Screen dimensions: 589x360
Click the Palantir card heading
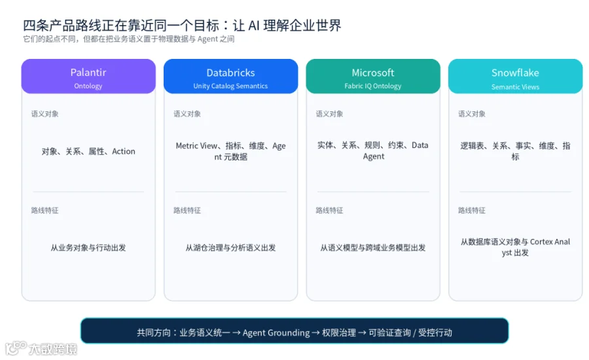[x=88, y=72]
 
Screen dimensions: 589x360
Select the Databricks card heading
[x=230, y=73]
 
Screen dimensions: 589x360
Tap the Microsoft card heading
[x=373, y=73]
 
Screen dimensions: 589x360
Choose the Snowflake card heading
[x=515, y=73]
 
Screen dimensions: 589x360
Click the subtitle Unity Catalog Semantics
[x=230, y=86]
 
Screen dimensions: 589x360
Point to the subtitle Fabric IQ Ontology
[x=373, y=86]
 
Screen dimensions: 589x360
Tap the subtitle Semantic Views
[x=515, y=87]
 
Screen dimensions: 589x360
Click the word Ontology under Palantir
[x=88, y=86]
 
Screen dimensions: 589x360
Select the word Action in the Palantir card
[x=124, y=151]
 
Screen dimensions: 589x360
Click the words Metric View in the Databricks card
[x=196, y=145]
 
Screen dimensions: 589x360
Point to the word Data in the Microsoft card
[x=420, y=145]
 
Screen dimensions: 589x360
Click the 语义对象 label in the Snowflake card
[x=472, y=114]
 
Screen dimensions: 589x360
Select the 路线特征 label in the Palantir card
[x=45, y=211]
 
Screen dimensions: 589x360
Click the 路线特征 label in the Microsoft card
[x=329, y=211]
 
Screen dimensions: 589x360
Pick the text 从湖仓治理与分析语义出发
[x=230, y=247]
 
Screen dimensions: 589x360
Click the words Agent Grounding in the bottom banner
[x=276, y=333]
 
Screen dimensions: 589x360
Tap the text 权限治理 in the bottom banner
[x=339, y=333]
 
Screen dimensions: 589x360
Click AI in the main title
[x=254, y=25]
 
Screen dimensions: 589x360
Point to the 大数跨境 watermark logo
[x=41, y=348]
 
